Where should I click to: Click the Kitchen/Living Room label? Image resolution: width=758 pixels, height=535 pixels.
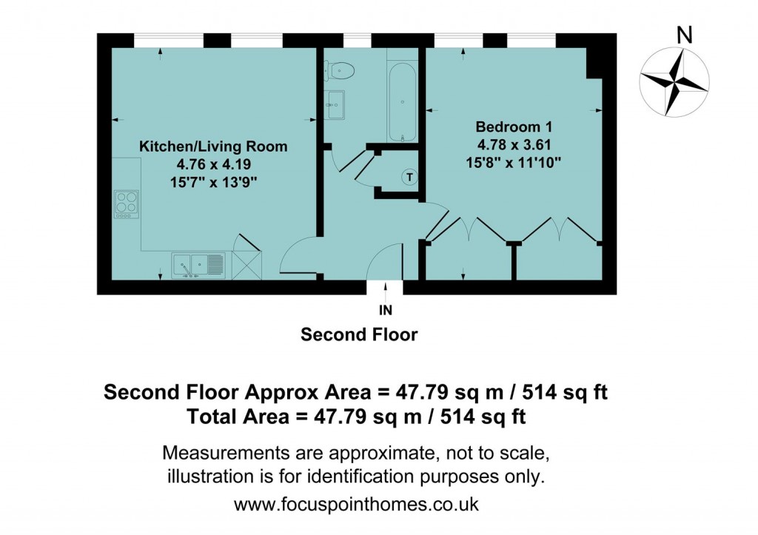213,147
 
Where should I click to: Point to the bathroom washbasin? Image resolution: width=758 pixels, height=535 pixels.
335,104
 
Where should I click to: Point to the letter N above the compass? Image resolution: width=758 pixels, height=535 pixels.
685,34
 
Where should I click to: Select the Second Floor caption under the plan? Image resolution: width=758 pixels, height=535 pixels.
359,334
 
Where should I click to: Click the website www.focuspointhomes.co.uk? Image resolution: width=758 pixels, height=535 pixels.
356,505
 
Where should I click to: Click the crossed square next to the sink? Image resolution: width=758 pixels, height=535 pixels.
246,264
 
